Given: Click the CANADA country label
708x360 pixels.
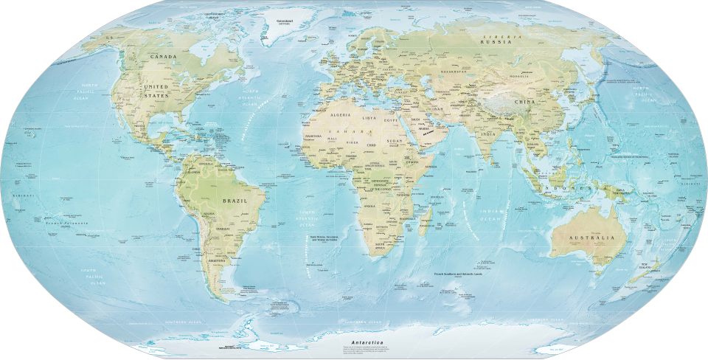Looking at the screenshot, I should point(163,57).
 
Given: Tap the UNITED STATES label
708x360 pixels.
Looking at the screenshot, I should point(156,90).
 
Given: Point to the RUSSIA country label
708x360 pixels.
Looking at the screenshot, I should point(496,42).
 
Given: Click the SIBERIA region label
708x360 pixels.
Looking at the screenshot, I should point(496,35).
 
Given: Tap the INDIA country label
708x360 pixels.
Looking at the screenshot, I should point(487,134).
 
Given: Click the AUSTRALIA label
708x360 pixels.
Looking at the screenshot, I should point(591,238).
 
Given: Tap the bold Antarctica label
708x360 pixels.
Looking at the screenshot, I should point(367,342).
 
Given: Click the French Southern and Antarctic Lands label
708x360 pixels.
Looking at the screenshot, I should point(457,274).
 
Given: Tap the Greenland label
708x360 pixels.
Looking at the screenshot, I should point(285,21).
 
